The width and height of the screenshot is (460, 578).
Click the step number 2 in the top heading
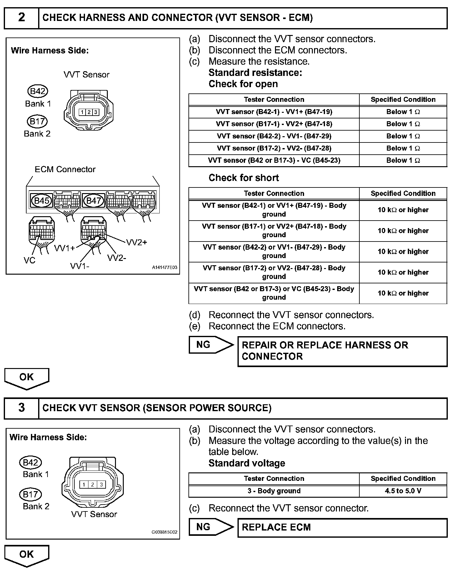[21, 17]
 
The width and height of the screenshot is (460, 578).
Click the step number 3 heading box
[21, 408]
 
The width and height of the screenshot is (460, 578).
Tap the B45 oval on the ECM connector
[41, 201]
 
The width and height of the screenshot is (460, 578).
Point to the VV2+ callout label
[137, 242]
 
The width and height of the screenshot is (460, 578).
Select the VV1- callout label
[79, 266]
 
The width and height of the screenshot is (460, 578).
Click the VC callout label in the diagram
[29, 260]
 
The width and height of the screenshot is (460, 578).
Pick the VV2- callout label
[117, 258]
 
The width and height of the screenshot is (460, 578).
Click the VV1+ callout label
[65, 248]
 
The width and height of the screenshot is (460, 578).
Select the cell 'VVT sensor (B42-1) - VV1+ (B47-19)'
[274, 112]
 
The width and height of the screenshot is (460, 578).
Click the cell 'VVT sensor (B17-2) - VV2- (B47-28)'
[274, 148]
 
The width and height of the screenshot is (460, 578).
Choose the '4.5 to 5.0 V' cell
[403, 491]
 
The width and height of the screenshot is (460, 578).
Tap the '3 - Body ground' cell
[274, 491]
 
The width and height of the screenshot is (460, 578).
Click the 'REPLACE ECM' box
[342, 527]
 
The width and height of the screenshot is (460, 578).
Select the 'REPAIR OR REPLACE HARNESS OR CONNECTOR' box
[342, 351]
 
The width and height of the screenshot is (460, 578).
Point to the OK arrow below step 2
[27, 378]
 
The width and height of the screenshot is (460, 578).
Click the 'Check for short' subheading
[243, 178]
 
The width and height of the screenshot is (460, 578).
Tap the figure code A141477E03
[164, 267]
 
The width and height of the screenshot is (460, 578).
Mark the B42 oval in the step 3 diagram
[30, 462]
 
